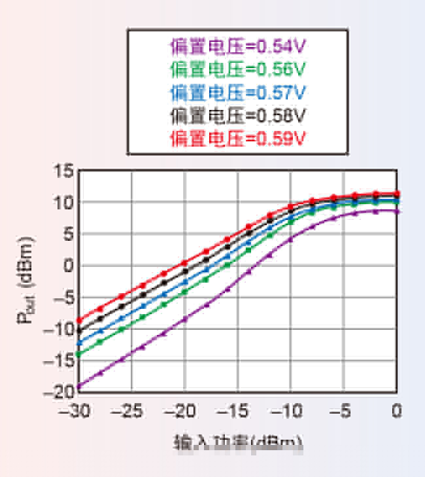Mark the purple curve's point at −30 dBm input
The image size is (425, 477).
click(x=79, y=386)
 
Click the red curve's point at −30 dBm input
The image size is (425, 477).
click(x=79, y=321)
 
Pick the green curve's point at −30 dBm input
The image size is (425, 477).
click(x=79, y=354)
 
